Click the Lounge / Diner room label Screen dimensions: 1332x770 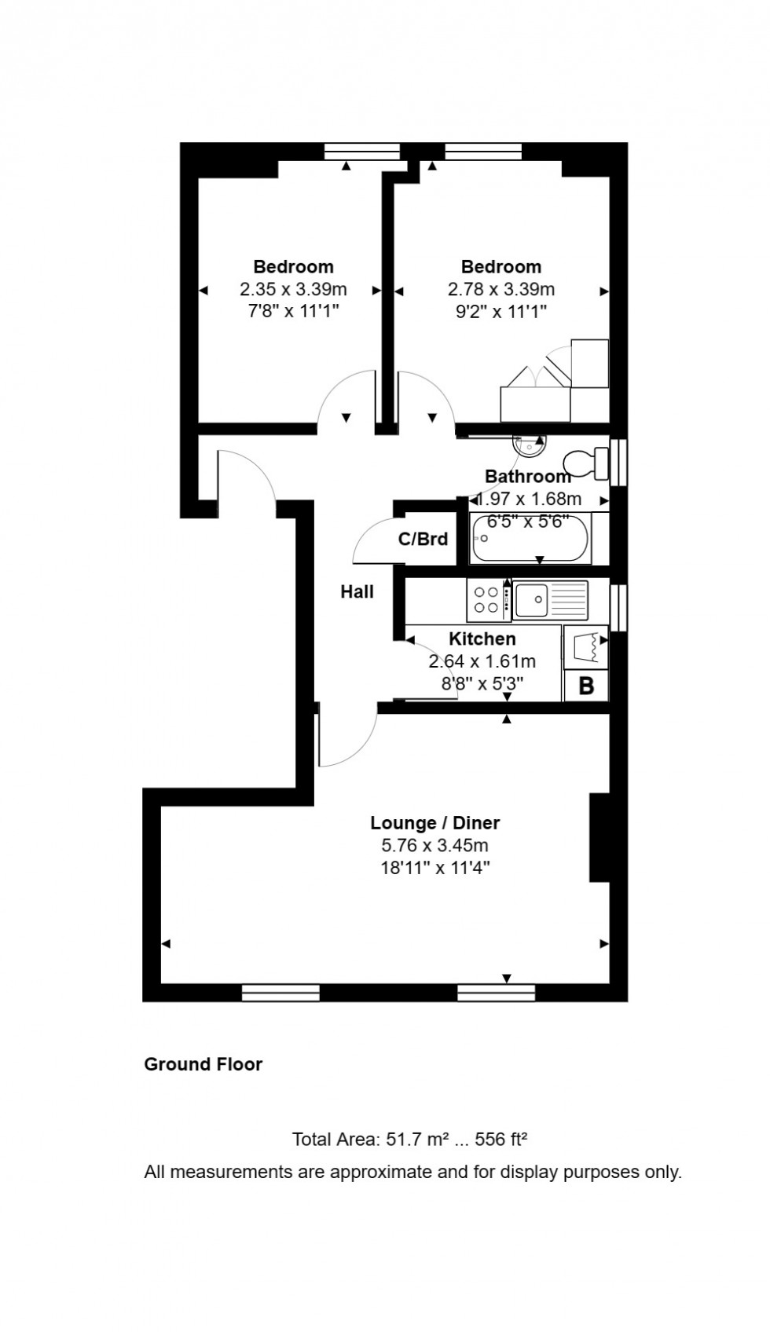point(434,822)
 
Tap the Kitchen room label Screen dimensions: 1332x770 point(482,639)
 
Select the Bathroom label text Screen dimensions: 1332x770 point(527,476)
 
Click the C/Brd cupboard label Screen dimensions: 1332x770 point(423,539)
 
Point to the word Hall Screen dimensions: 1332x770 point(357,591)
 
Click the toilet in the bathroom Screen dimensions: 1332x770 point(585,463)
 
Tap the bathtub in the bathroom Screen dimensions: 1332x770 point(530,539)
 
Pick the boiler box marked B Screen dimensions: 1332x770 point(586,686)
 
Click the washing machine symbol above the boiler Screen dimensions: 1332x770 point(586,646)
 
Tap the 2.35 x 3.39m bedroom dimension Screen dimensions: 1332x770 point(293,289)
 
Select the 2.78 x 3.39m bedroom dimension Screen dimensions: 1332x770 point(501,289)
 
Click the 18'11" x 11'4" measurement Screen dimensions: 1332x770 point(434,868)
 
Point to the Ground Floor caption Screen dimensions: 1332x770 point(203,1064)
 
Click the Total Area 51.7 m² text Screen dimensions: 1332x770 point(409,1139)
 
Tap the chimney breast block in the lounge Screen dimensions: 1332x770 point(599,837)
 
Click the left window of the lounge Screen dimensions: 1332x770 point(280,993)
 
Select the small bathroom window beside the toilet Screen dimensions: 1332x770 point(620,462)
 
